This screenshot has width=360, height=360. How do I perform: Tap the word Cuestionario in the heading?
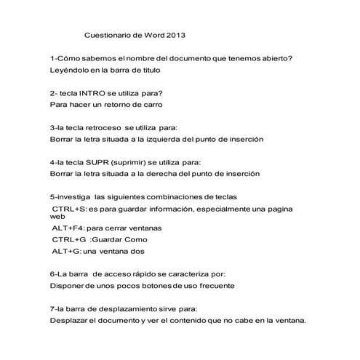point(109,34)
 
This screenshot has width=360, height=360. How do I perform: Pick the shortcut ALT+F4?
point(68,228)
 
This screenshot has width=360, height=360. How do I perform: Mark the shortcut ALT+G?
point(67,251)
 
